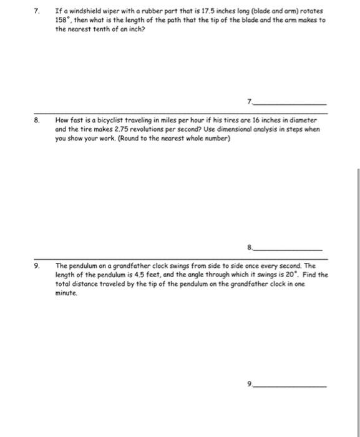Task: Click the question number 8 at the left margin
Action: pos(37,119)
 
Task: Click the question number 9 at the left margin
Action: pos(37,266)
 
